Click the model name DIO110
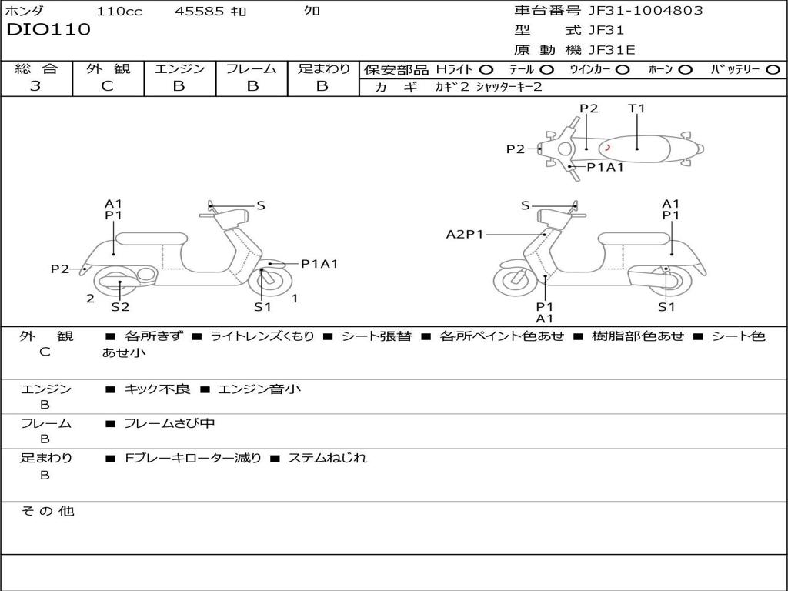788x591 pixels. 48,30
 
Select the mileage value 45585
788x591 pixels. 199,12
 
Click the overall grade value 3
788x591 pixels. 35,86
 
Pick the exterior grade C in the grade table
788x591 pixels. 108,86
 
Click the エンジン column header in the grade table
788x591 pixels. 179,68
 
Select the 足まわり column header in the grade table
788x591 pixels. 324,68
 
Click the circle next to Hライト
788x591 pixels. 486,69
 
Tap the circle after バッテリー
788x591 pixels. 773,69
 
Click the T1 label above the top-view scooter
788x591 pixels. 636,109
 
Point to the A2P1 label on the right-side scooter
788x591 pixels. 465,235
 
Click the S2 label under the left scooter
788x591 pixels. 120,307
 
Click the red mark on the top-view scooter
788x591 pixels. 607,147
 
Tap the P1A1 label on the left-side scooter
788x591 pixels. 319,264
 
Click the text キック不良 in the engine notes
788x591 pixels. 157,389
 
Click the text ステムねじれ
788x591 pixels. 327,458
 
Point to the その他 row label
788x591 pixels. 47,511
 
